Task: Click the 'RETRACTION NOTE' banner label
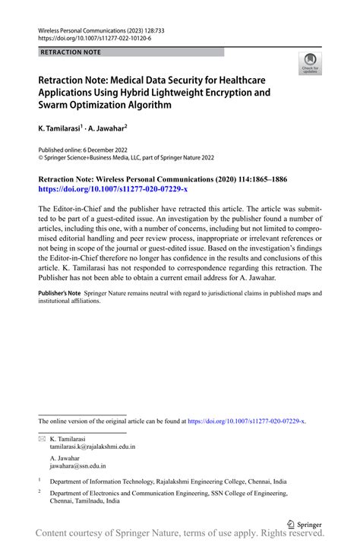coord(69,52)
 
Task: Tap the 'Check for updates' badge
coord(310,65)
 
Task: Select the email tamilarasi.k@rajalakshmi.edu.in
coord(92,447)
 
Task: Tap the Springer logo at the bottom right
coord(304,523)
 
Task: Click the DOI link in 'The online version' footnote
coord(246,420)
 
